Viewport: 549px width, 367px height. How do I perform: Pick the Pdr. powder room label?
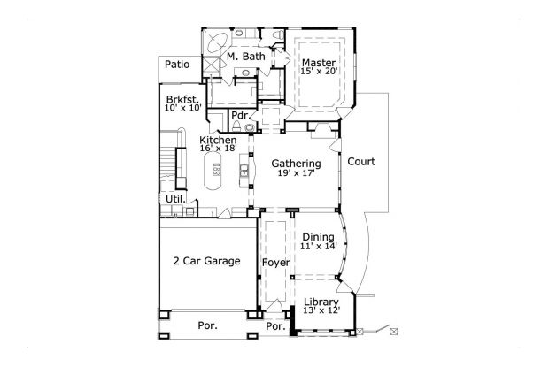click(239, 116)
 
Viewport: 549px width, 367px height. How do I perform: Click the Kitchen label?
click(217, 141)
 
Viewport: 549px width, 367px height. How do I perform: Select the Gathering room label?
click(296, 164)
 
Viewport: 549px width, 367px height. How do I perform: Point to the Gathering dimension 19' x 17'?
click(296, 174)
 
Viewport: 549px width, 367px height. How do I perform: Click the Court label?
click(361, 162)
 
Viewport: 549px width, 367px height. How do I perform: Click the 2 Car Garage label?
click(206, 261)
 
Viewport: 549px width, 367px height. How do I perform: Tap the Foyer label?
click(275, 263)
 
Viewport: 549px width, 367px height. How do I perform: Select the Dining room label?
click(318, 237)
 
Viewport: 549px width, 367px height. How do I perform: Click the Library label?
click(321, 302)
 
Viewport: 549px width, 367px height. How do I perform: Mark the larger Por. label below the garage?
click(207, 325)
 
